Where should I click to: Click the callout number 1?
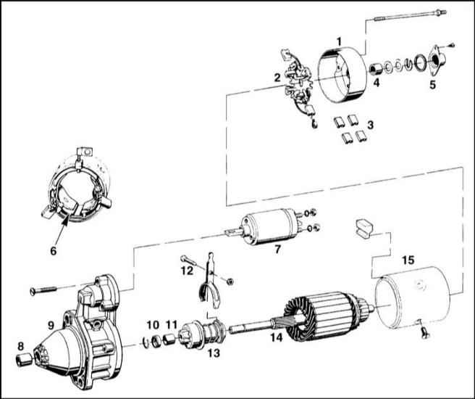[340, 41]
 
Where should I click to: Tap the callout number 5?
[432, 85]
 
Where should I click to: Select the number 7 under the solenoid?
[277, 250]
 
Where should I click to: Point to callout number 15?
[408, 260]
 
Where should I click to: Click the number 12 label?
[188, 271]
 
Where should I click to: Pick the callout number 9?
[51, 326]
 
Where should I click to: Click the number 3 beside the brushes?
[370, 125]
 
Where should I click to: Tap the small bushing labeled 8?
[24, 360]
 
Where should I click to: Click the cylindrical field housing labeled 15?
[412, 297]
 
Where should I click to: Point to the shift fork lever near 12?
[209, 281]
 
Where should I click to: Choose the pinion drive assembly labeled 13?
[201, 334]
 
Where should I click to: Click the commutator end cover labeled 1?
[342, 76]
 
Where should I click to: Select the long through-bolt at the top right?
[410, 16]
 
